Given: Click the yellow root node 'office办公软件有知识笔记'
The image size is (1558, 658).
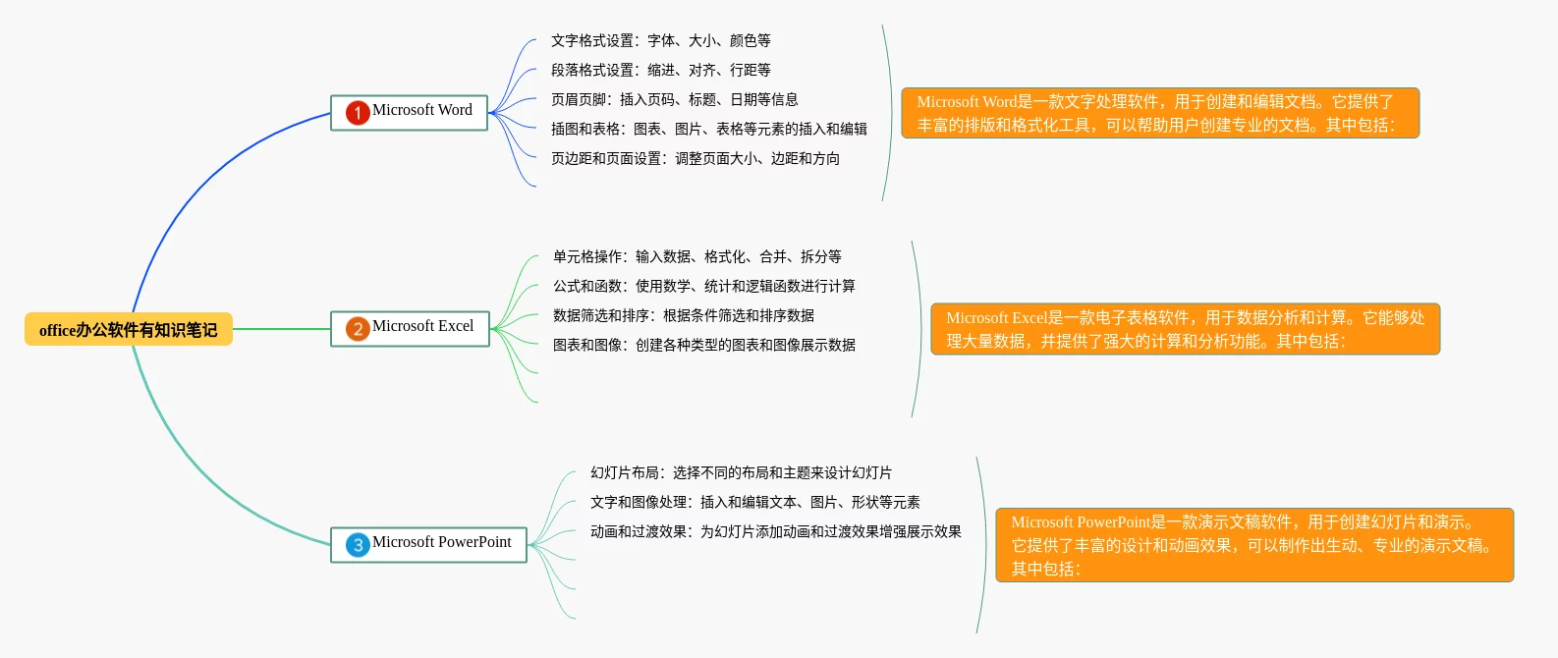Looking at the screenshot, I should tap(128, 330).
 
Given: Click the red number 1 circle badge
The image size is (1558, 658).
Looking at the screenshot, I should tap(358, 113).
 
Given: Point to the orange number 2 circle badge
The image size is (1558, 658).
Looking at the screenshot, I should tap(358, 329).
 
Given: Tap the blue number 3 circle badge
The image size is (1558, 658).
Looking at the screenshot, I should tap(358, 545).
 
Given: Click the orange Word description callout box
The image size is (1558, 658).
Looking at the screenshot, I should tap(1159, 113).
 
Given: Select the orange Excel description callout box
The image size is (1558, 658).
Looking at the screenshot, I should tap(1184, 329).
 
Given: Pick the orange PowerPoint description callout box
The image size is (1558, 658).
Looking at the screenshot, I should tap(1253, 545).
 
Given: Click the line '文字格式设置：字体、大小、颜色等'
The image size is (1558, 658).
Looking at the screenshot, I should tap(660, 40).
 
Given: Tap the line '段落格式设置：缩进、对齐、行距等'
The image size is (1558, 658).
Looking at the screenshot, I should tap(660, 70).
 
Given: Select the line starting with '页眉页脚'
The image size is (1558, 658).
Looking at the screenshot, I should tap(674, 99).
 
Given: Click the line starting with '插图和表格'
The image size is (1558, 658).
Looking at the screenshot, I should tap(708, 129).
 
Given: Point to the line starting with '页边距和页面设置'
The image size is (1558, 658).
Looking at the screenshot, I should tap(695, 158).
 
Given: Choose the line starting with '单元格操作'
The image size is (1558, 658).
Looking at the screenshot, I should tap(696, 256).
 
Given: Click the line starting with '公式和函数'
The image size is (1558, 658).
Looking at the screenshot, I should tap(703, 286).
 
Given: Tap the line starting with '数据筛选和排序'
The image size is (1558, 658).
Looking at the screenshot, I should tap(683, 315).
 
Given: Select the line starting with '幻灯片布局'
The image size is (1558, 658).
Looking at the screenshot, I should tap(741, 472).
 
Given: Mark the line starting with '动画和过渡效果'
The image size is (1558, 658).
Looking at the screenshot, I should tap(775, 531).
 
